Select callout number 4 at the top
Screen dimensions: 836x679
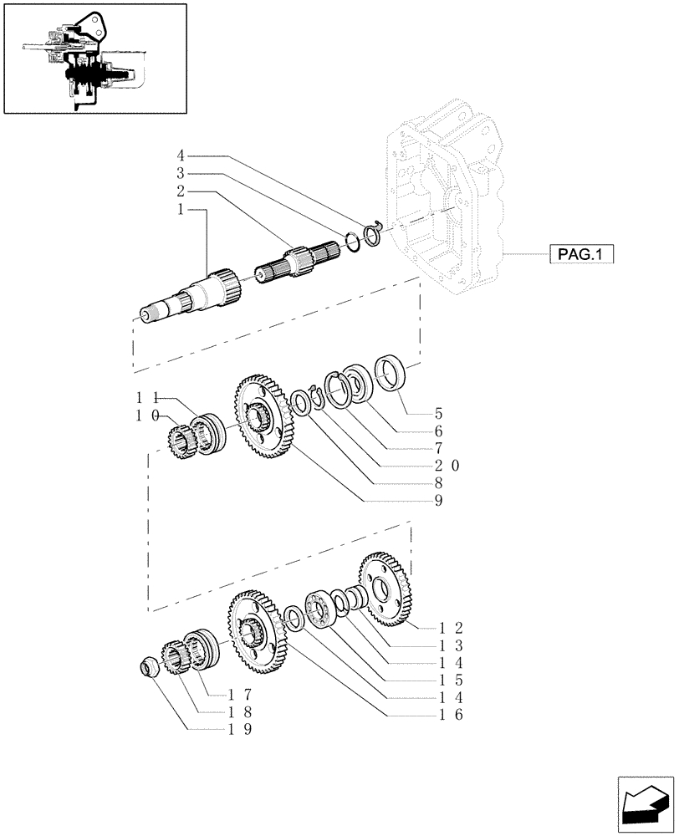181,155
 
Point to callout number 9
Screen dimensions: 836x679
437,502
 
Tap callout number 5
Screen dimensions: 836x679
437,413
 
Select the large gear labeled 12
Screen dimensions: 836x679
386,589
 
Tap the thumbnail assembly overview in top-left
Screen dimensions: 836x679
94,58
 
